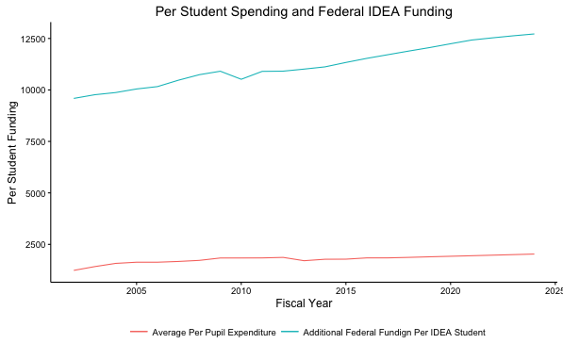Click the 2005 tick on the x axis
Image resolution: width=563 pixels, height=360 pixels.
[x=137, y=289]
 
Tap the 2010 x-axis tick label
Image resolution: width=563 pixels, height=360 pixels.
[x=240, y=289]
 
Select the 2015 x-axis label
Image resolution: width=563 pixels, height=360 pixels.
[x=345, y=289]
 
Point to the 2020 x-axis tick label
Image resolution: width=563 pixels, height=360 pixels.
[x=450, y=289]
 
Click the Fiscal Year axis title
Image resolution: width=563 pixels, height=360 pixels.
[x=304, y=303]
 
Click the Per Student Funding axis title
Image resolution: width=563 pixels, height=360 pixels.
[x=12, y=151]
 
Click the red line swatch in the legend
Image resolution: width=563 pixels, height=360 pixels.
[x=139, y=333]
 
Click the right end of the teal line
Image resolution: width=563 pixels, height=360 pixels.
[x=534, y=34]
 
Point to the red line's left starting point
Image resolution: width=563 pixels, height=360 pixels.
[x=75, y=270]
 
